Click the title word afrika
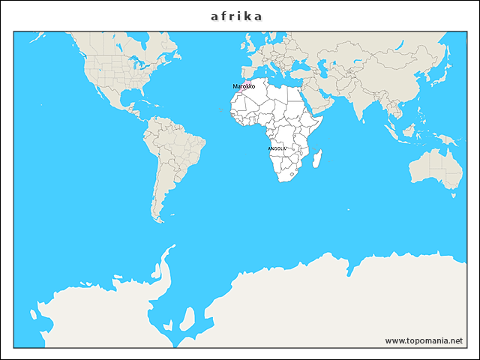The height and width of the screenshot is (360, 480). [237, 15]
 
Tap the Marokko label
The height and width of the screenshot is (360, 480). [244, 87]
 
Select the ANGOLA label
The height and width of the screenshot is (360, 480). [277, 148]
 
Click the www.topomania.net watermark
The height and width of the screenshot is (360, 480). [424, 340]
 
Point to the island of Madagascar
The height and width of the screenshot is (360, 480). [317, 159]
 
